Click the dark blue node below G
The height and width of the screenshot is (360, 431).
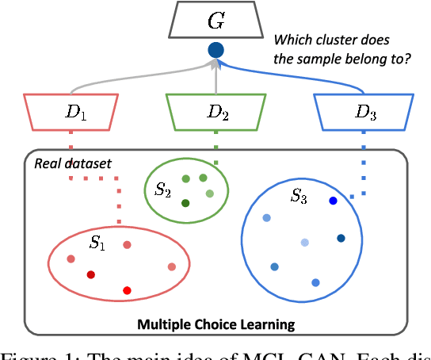pos(215,51)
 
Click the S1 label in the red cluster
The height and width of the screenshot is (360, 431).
pos(96,243)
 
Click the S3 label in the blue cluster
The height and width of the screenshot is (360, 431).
pos(297,196)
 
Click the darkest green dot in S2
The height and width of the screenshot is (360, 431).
pos(185,204)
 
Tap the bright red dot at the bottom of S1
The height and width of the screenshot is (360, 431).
pos(126,291)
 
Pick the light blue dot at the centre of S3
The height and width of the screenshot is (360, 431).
pos(305,242)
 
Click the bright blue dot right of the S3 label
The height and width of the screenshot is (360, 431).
pos(333,201)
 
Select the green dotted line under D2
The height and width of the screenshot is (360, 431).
pos(216,155)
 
